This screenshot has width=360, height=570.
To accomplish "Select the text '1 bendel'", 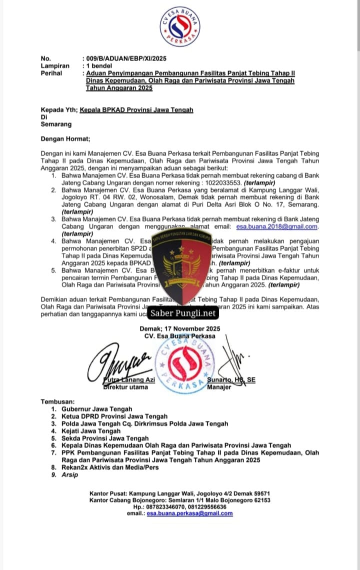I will [x=99, y=65].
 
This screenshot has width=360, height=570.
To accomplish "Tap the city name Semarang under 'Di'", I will [x=56, y=124].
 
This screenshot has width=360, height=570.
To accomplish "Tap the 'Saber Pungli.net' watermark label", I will [x=183, y=313].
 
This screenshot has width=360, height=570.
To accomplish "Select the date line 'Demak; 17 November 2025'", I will [x=180, y=329].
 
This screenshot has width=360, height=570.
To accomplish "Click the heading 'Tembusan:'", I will [x=58, y=401].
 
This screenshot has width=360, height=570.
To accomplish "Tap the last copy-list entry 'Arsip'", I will [x=70, y=474].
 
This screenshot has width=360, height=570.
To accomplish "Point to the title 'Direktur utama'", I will [x=125, y=387].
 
